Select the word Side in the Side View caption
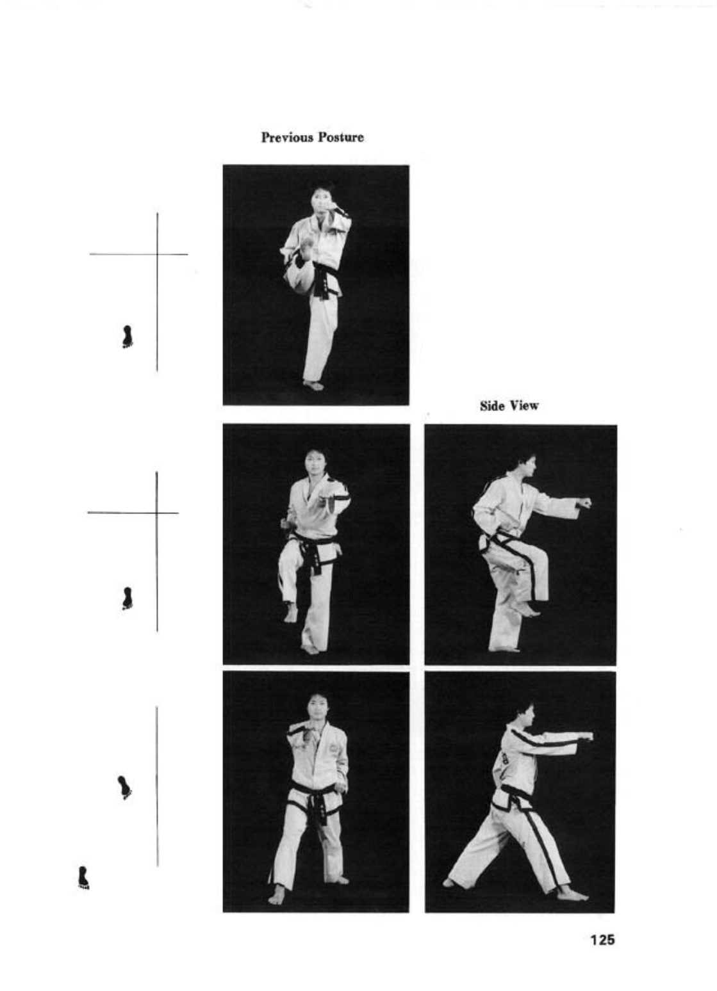point(491,406)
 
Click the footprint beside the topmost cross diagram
point(128,337)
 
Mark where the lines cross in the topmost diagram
point(157,254)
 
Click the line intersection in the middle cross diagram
point(156,513)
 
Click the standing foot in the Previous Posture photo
point(313,385)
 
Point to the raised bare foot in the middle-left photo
point(290,612)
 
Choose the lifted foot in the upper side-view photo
point(529,609)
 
